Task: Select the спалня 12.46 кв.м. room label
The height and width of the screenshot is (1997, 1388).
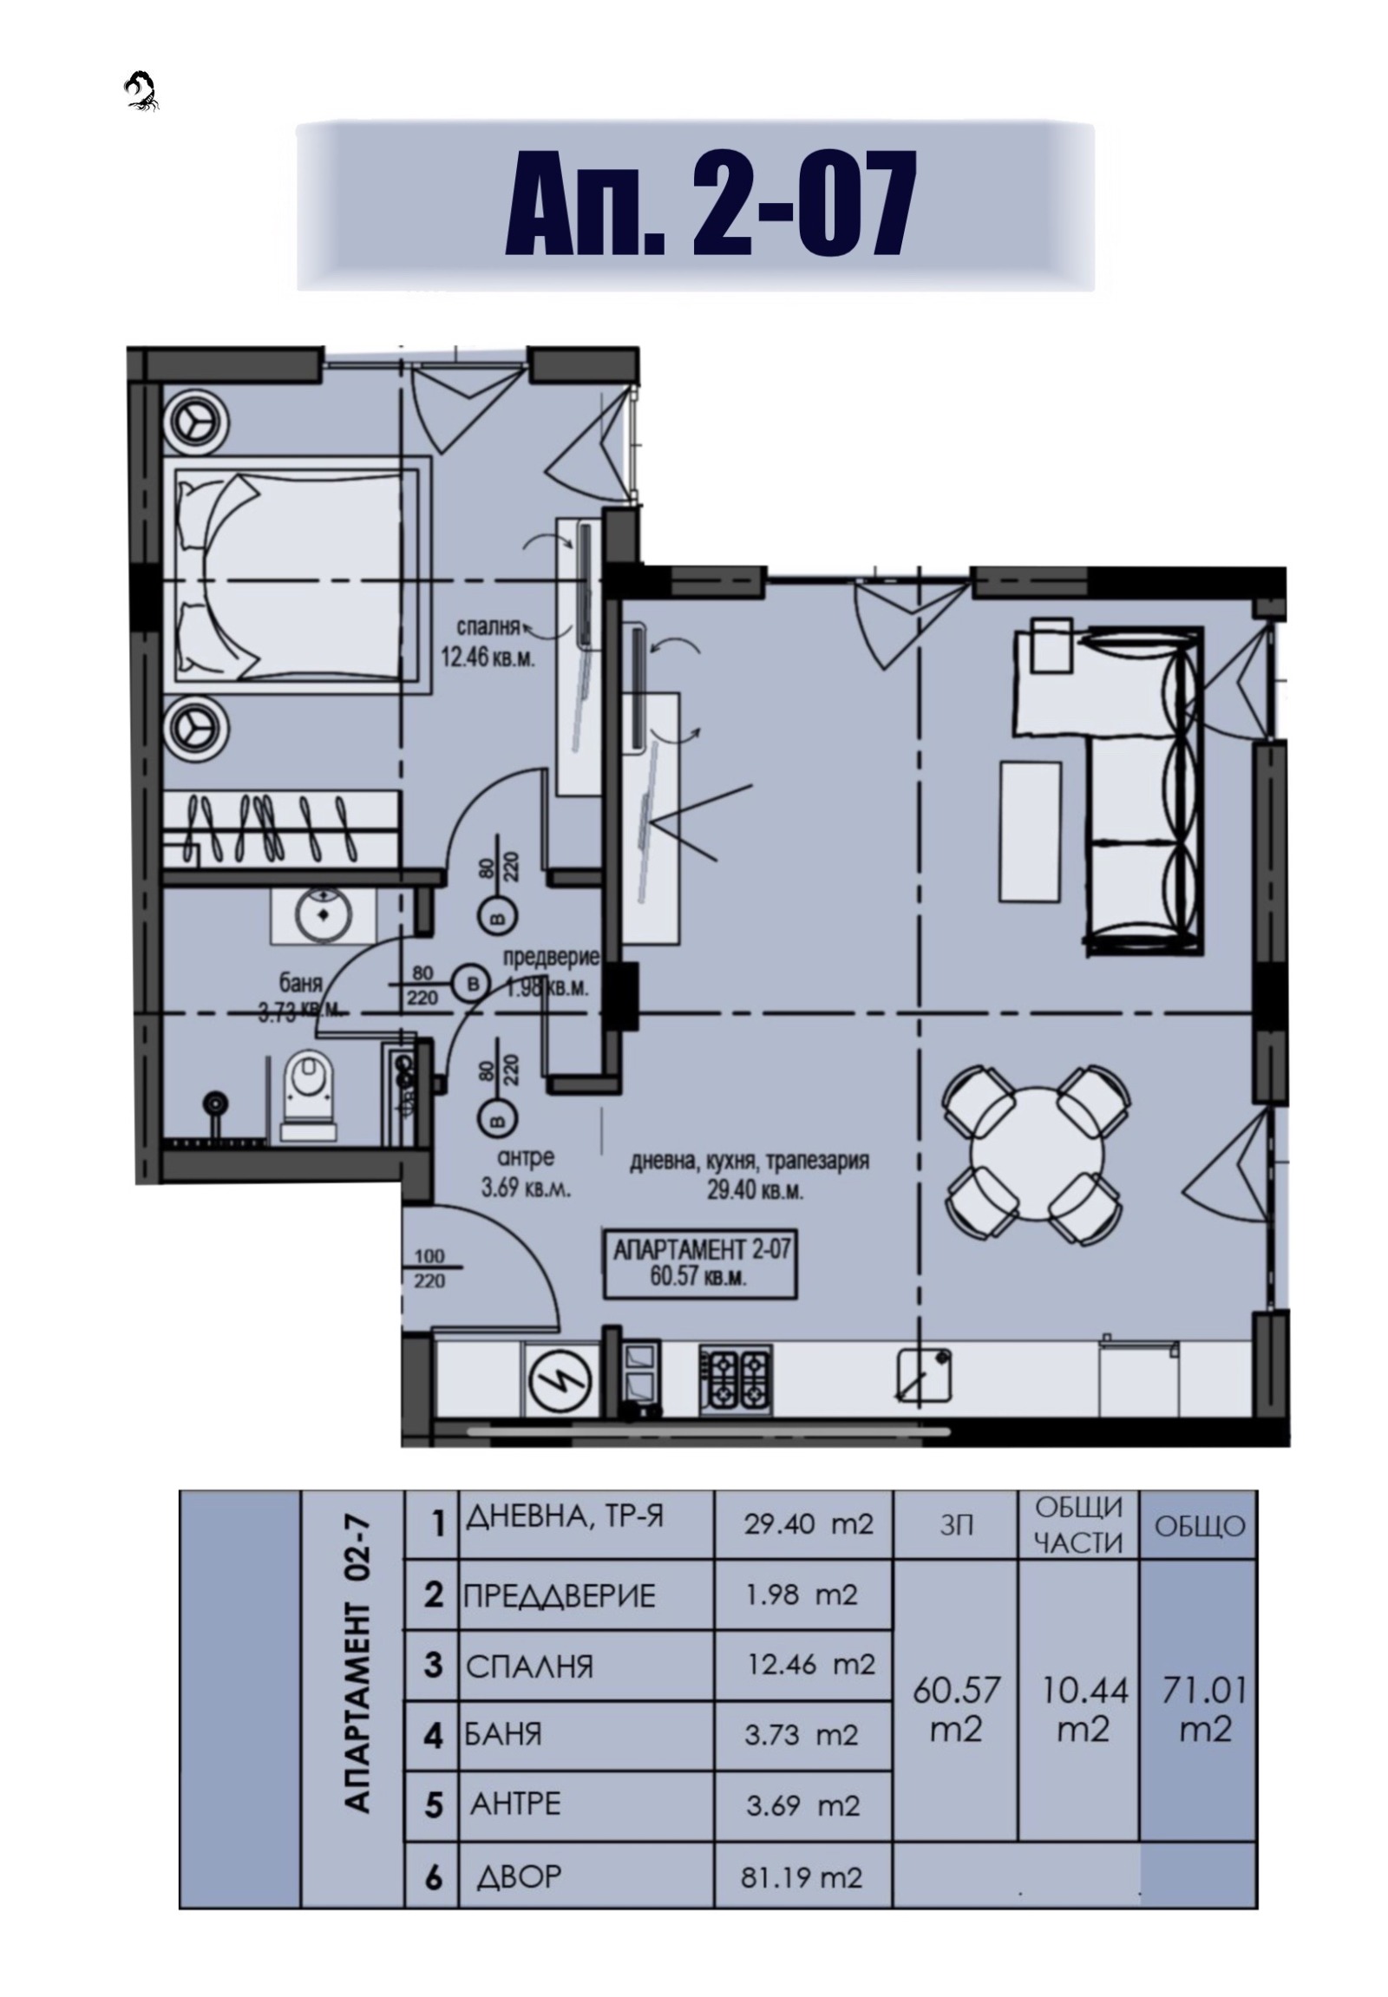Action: [x=488, y=642]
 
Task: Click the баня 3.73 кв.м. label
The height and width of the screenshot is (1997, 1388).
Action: [x=301, y=997]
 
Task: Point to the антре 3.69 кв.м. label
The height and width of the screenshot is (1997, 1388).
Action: [x=526, y=1174]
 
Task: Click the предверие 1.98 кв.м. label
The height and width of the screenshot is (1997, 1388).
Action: [x=550, y=972]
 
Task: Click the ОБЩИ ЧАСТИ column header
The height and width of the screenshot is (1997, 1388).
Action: [x=1078, y=1525]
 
